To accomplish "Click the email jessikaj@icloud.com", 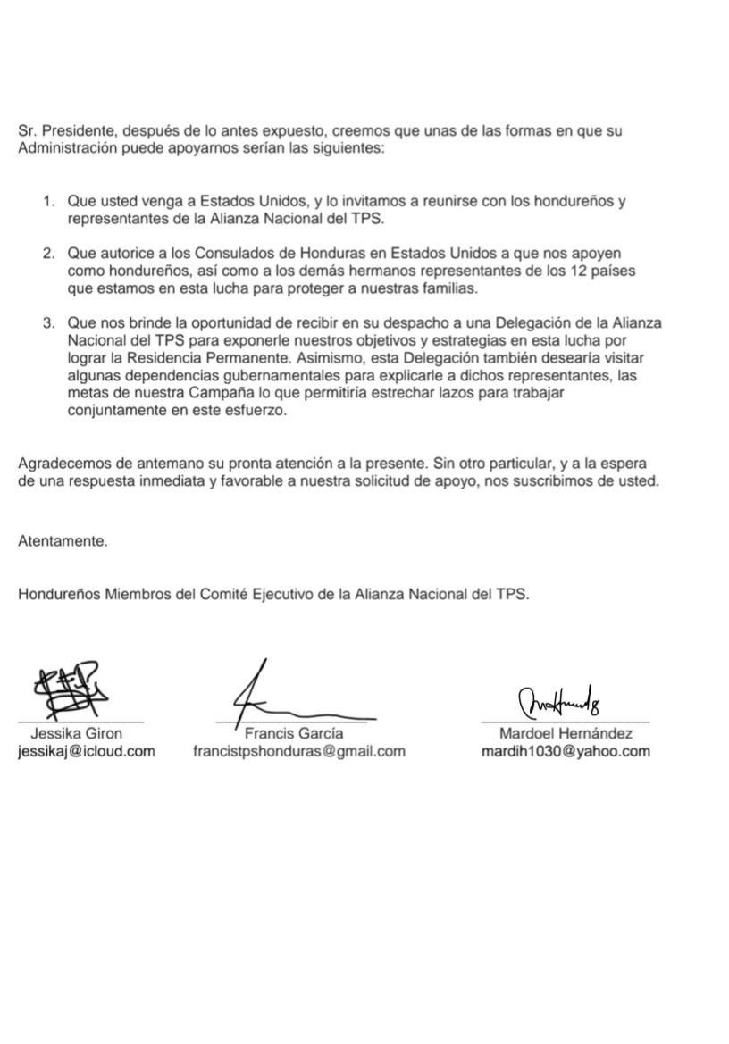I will [x=86, y=751].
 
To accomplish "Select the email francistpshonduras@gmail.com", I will [x=299, y=751].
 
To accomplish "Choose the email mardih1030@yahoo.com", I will [x=566, y=751].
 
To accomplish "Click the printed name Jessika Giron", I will [x=77, y=734].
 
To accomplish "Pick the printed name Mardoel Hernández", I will [x=566, y=734].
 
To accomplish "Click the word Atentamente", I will [x=63, y=540].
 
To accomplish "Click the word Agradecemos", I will [x=63, y=464].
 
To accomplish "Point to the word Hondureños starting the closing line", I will [x=59, y=594].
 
